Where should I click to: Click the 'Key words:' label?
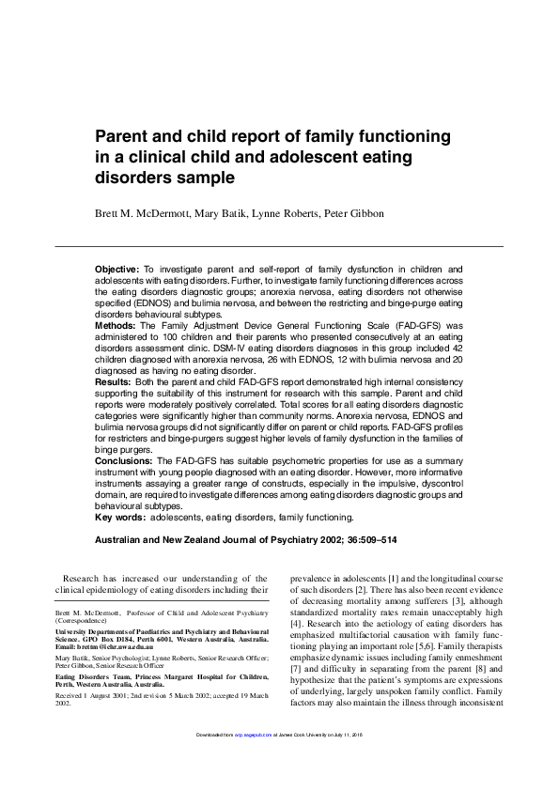point(120,517)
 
